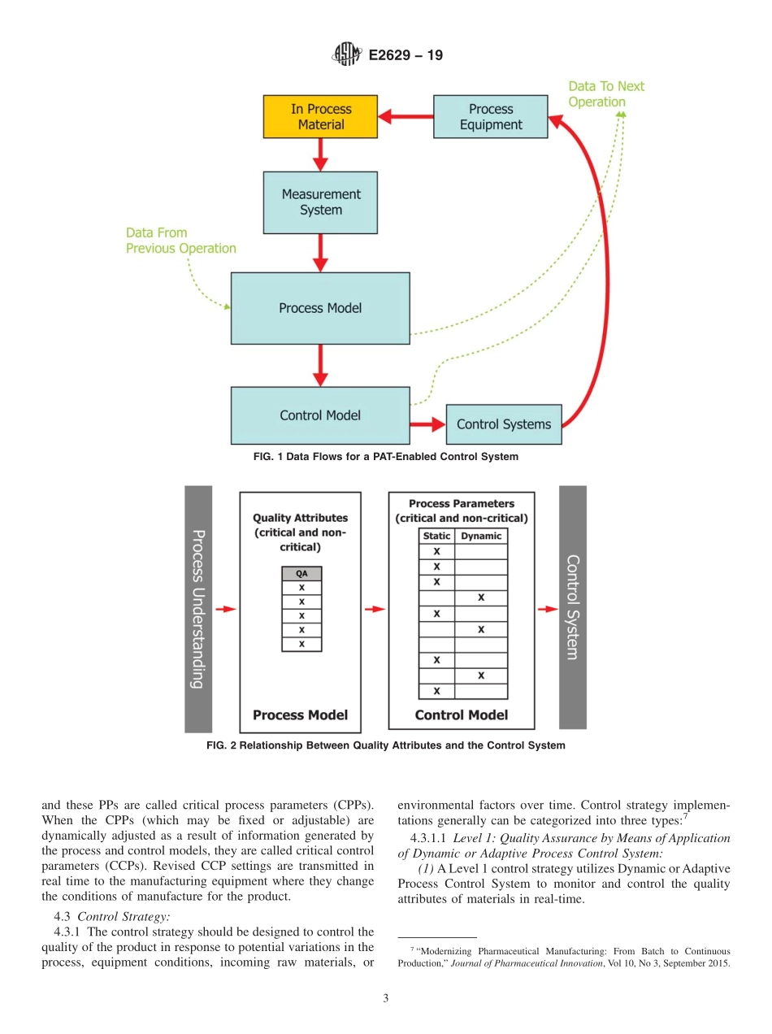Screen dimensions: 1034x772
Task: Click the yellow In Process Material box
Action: point(320,117)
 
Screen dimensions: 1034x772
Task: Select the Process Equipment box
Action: point(490,117)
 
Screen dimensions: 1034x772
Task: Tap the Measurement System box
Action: point(320,202)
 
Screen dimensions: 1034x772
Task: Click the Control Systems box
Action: point(503,424)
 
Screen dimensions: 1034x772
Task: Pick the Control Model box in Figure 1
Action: point(320,415)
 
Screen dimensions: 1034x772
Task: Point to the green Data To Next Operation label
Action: point(605,94)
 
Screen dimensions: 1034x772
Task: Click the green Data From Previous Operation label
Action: point(180,241)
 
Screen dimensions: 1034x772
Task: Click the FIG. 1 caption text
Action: point(385,457)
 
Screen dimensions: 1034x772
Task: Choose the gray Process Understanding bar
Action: point(198,609)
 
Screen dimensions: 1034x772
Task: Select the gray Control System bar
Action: point(572,607)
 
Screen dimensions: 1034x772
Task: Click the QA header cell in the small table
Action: point(301,573)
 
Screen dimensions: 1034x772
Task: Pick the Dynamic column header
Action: point(481,537)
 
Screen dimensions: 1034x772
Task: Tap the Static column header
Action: point(436,537)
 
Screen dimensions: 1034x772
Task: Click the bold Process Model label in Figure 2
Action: point(300,715)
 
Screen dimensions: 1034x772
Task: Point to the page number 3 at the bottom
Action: point(385,998)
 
